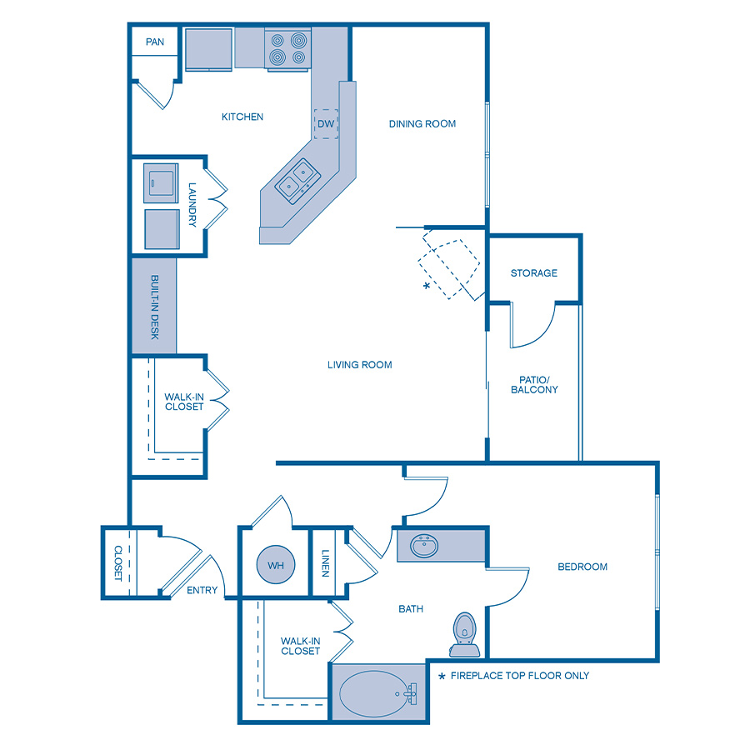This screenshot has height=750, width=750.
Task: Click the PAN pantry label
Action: [155, 42]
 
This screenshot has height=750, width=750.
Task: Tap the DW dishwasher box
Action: [326, 124]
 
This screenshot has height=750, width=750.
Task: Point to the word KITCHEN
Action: [242, 117]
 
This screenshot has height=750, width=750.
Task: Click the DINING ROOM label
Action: [422, 124]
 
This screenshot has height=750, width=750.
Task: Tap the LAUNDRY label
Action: [192, 205]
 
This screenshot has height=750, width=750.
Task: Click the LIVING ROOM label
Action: [360, 364]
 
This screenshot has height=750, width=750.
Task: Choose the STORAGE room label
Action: [534, 273]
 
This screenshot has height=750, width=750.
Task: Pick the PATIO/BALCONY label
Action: [534, 384]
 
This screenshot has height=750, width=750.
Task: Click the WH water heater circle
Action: [277, 566]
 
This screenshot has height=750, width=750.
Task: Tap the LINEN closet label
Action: [325, 563]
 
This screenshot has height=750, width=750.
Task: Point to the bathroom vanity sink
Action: [426, 547]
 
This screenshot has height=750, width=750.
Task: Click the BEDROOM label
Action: [582, 567]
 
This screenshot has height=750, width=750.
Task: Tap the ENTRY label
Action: [202, 590]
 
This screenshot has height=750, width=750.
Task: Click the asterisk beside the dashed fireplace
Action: [427, 286]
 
